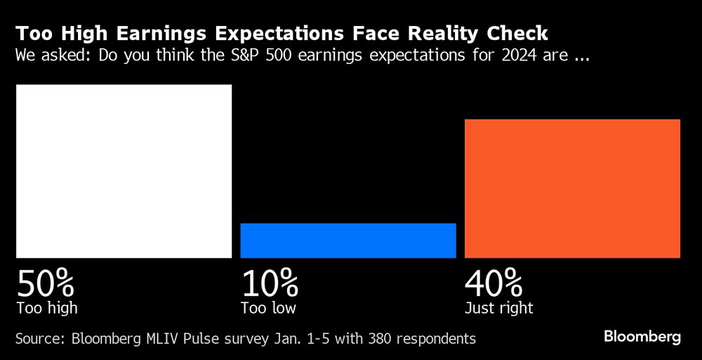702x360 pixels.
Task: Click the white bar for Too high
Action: (124, 171)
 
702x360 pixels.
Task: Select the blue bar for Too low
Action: (348, 241)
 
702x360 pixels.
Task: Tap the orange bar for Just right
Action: (572, 189)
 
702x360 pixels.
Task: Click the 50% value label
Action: (46, 284)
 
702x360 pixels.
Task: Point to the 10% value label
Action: (270, 284)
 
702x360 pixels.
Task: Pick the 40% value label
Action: (494, 284)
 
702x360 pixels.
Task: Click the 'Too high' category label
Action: (46, 308)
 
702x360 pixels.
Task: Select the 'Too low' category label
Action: (268, 308)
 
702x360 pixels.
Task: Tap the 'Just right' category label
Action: (498, 308)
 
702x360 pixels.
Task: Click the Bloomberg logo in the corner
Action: (642, 337)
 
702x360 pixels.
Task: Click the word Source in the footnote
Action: (39, 339)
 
